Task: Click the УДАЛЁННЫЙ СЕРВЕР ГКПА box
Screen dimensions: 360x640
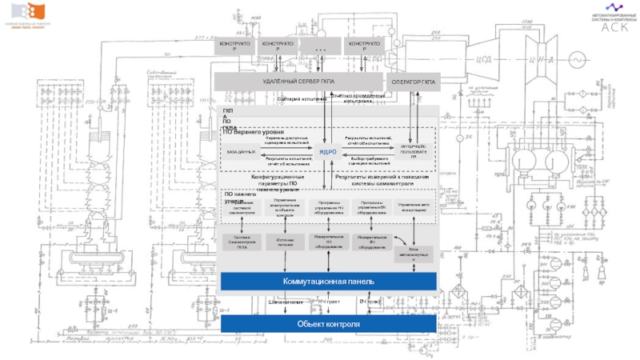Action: pos(298,82)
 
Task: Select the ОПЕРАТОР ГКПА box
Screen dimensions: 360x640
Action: pos(414,82)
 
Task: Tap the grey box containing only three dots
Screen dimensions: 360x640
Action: pos(322,47)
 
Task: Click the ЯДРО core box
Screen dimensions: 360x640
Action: pos(327,151)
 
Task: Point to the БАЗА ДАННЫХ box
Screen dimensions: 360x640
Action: pos(241,151)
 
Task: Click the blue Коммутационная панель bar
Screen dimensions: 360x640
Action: pos(328,282)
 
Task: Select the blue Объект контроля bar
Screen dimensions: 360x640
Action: pos(328,324)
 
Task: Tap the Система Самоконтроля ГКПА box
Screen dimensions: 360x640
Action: pos(242,242)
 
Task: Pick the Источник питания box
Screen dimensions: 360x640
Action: pos(285,242)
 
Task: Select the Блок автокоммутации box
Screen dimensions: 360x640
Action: pos(414,254)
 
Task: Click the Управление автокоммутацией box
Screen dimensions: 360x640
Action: pos(414,205)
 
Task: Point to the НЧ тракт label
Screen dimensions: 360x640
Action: pos(329,302)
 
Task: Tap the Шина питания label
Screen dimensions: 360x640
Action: pos(286,302)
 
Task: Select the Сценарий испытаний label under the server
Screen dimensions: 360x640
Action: pos(301,99)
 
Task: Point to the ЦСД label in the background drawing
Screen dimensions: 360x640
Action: pos(482,57)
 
